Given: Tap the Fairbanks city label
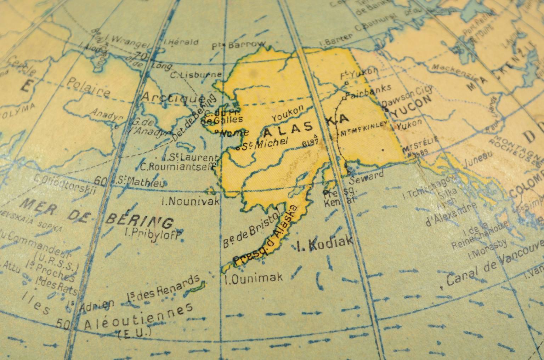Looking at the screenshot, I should (x=368, y=92).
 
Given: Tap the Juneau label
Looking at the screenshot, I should (x=478, y=156).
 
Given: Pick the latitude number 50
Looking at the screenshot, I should (x=64, y=325).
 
